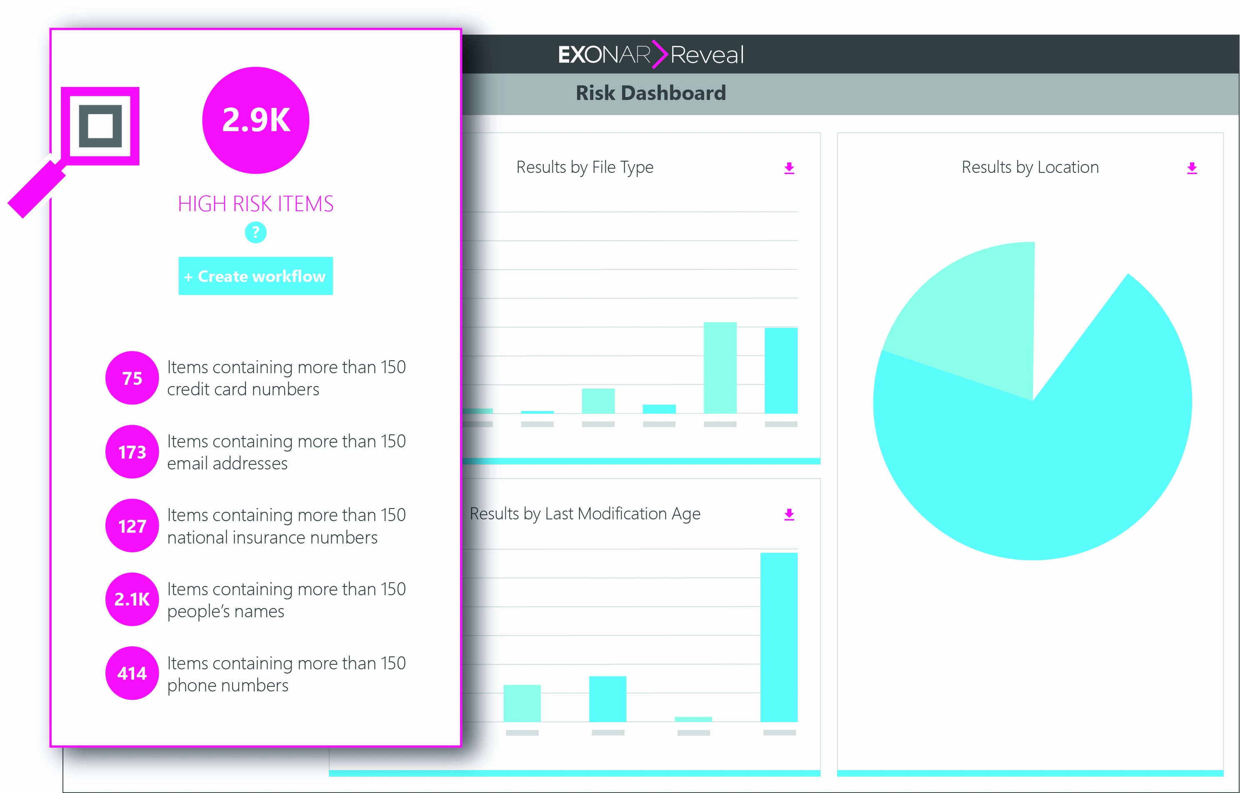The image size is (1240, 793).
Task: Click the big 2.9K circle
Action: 256,120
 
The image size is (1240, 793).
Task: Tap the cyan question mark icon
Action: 256,232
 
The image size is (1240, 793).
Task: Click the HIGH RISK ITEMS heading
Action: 256,204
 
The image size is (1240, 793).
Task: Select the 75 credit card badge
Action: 132,378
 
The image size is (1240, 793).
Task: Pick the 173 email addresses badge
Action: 132,452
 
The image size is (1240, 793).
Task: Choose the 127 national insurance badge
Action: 132,526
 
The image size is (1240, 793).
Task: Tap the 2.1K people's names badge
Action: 132,599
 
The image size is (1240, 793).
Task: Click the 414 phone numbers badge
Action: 132,673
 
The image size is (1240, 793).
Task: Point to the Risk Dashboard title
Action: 650,93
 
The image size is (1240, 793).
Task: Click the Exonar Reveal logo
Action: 650,54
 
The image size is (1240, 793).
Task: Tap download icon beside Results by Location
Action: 1192,168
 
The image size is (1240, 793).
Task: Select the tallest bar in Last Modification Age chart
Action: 779,637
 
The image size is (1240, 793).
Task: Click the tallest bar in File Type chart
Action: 720,368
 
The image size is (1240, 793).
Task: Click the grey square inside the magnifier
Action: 100,125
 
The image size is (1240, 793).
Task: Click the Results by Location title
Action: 1030,167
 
